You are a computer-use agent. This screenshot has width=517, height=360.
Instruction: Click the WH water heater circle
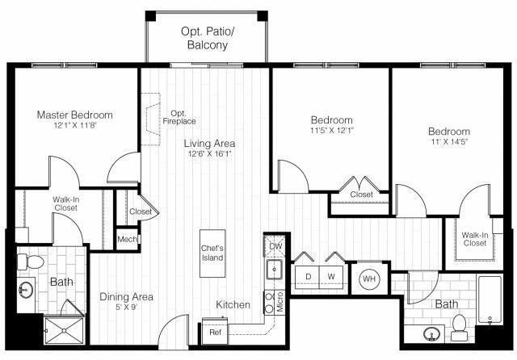[x=369, y=279]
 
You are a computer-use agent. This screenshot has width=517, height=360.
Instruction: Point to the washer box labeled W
[x=331, y=276]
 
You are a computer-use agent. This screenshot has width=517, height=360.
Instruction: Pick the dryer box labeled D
[x=308, y=276]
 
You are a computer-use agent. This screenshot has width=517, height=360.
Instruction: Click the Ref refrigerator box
[x=215, y=332]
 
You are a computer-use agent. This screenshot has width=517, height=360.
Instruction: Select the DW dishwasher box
[x=275, y=245]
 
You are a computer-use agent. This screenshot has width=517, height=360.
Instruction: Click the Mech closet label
[x=126, y=240]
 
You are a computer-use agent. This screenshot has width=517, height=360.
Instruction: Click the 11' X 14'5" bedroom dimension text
[x=449, y=144]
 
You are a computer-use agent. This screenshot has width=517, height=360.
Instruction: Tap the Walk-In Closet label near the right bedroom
[x=474, y=239]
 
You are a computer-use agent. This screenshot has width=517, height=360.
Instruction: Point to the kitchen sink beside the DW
[x=275, y=270]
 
